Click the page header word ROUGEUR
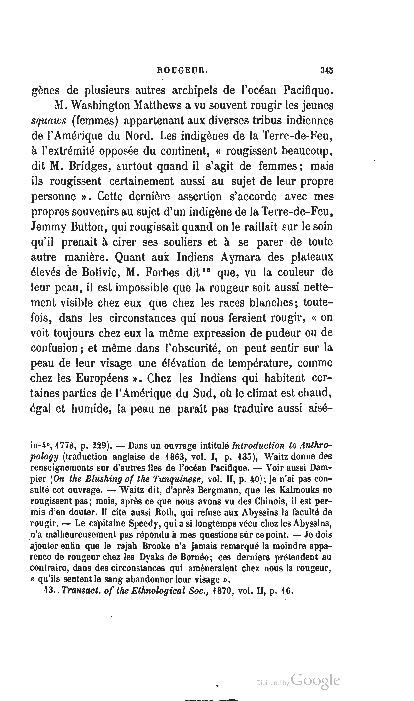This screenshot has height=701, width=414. pos(183,71)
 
